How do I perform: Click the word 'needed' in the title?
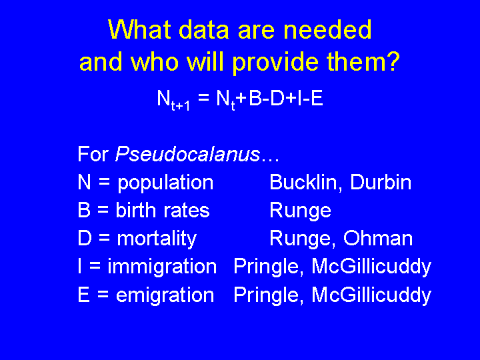[x=327, y=30]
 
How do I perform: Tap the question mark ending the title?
[x=393, y=61]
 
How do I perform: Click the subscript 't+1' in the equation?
[x=181, y=105]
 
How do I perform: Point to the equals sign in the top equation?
[x=203, y=99]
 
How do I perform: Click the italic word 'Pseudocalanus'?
[x=187, y=154]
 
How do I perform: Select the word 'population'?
[x=165, y=183]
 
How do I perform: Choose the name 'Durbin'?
[x=381, y=182]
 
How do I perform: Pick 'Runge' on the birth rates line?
[x=300, y=211]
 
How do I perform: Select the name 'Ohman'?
[x=378, y=239]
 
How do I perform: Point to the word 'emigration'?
[x=165, y=296]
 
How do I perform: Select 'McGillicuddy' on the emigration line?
[x=371, y=296]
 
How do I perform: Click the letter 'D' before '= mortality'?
[x=85, y=239]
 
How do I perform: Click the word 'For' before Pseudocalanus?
[x=93, y=154]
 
